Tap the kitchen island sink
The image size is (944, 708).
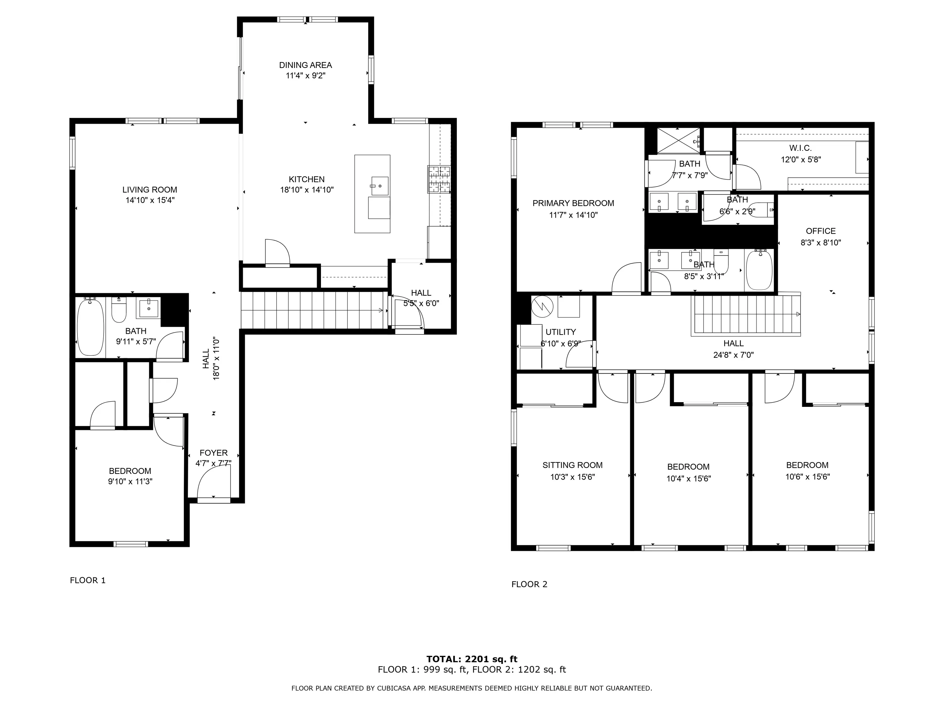(x=379, y=186)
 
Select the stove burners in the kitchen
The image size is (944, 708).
(x=439, y=179)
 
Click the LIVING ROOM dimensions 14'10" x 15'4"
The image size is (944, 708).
(x=150, y=200)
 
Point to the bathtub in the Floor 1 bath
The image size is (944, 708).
(x=90, y=327)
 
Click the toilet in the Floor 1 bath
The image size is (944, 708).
(x=119, y=309)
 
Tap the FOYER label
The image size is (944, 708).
(x=213, y=453)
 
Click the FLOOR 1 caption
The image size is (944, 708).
(x=87, y=580)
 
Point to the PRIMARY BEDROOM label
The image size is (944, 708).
(x=573, y=204)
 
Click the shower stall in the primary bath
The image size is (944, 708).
(x=678, y=140)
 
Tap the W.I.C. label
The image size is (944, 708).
(x=800, y=148)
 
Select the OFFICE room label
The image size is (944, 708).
(x=821, y=231)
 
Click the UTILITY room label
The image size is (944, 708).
(x=560, y=332)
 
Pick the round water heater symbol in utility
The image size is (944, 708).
(x=542, y=306)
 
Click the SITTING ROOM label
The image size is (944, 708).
(x=572, y=465)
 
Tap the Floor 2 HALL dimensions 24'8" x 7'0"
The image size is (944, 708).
(x=733, y=355)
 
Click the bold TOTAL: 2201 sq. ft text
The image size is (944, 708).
(x=472, y=659)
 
